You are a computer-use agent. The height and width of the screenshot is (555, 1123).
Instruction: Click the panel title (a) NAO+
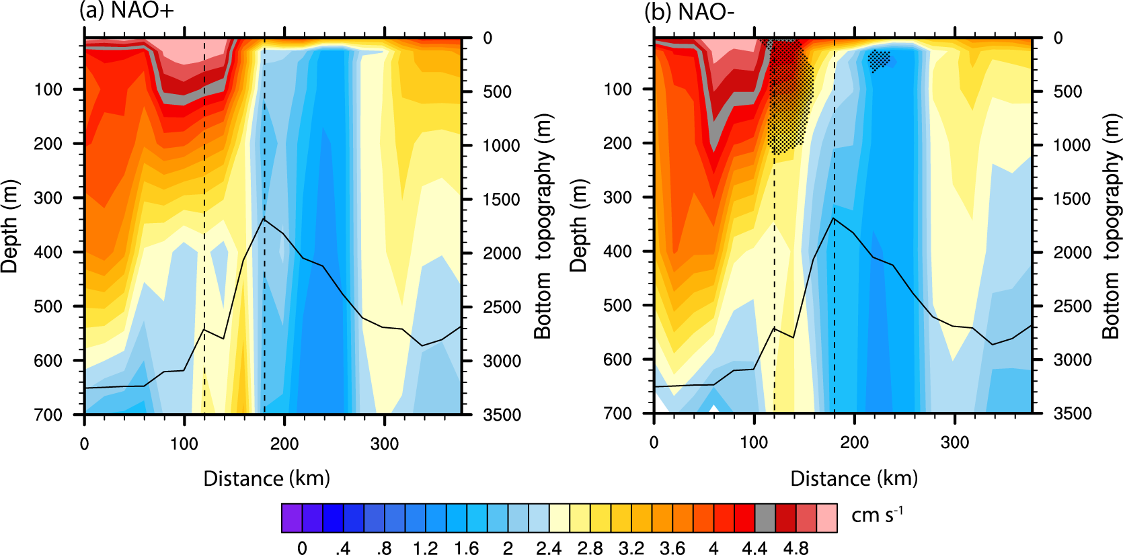point(126,11)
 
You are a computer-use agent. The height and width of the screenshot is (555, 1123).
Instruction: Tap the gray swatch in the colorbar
point(765,518)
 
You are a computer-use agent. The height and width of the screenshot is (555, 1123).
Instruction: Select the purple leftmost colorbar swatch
point(292,518)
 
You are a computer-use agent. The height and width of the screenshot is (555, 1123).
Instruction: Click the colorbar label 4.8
point(796,548)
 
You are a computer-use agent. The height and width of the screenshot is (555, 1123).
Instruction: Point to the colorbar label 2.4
point(549,548)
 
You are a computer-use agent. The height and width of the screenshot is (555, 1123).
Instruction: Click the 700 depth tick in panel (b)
point(618,413)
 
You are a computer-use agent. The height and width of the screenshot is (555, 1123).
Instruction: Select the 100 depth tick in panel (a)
point(48,89)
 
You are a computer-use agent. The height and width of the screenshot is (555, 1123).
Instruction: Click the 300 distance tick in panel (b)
point(955,443)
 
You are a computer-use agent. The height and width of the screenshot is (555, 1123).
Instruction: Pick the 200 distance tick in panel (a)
point(284,443)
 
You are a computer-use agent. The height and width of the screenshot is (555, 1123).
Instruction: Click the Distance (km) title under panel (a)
point(267,478)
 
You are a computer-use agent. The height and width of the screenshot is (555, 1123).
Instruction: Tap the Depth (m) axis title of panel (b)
point(578,226)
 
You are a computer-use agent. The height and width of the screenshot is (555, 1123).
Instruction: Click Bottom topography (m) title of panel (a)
point(543,226)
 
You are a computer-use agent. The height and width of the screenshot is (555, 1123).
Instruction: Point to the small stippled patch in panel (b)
point(878,59)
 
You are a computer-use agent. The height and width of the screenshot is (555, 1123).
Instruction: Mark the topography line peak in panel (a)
point(264,218)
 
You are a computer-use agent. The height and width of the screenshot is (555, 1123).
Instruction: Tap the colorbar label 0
point(302,548)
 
